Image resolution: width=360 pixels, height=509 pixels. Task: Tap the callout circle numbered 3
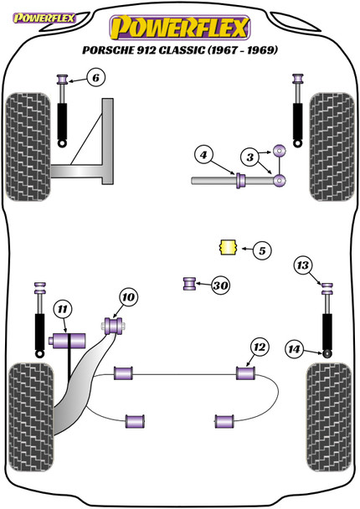[249, 157]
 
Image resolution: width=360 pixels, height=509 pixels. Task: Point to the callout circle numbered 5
[260, 249]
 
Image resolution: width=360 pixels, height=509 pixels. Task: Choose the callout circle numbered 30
[221, 286]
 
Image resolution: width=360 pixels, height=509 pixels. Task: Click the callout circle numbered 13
[302, 266]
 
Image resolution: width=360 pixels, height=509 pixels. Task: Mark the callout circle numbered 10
[127, 296]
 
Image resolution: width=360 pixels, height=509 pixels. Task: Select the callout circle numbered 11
[61, 311]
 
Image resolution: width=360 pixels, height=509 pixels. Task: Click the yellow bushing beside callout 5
[224, 248]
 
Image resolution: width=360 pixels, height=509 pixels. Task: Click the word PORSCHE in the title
[107, 49]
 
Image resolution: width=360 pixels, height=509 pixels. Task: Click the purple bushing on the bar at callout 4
[240, 179]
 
